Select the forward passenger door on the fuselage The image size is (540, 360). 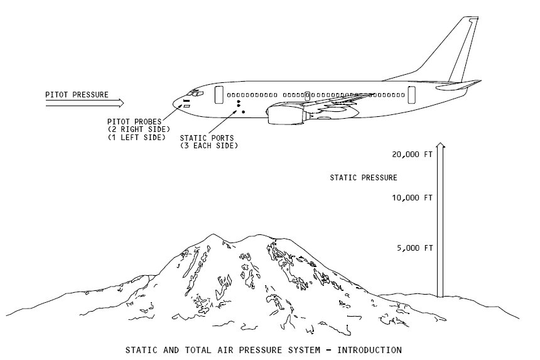click(x=219, y=95)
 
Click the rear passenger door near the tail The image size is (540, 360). click(x=411, y=95)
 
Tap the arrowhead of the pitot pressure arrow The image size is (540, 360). click(x=121, y=102)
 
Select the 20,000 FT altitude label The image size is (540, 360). click(x=412, y=155)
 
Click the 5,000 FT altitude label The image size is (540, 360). click(x=414, y=248)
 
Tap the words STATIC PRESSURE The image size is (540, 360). click(x=364, y=178)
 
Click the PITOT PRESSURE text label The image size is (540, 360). click(x=77, y=95)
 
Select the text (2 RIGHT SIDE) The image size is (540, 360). click(x=134, y=129)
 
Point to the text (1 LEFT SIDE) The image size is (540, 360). click(x=136, y=137)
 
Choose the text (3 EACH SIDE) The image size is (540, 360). click(x=209, y=146)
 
